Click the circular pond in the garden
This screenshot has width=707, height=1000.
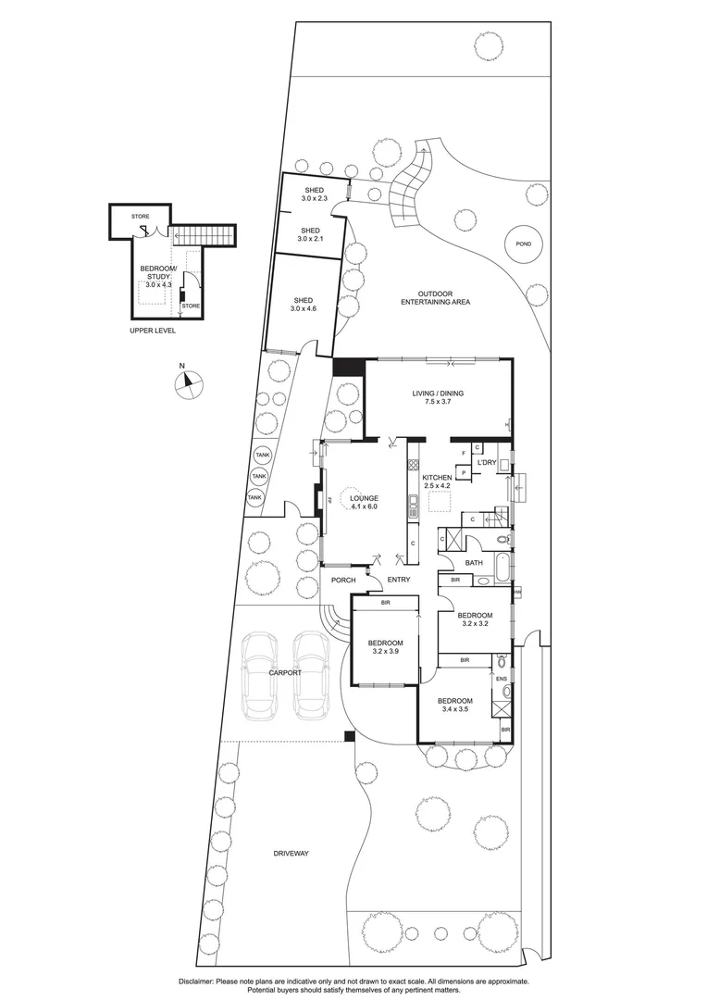coord(524,244)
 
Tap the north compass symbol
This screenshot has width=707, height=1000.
coord(188,382)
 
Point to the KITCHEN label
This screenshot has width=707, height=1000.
coord(436,478)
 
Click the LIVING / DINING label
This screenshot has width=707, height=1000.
coord(438,394)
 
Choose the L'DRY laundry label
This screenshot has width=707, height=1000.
coord(487,462)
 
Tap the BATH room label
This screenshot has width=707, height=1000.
coord(474,562)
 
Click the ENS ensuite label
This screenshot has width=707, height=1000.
coord(501,679)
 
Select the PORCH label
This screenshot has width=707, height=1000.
coord(343,581)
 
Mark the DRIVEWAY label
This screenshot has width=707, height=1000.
coord(291,853)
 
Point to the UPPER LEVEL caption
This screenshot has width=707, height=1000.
coord(153,331)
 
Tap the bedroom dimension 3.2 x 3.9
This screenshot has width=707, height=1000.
coord(385,651)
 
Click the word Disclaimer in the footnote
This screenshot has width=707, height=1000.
coord(194,980)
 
